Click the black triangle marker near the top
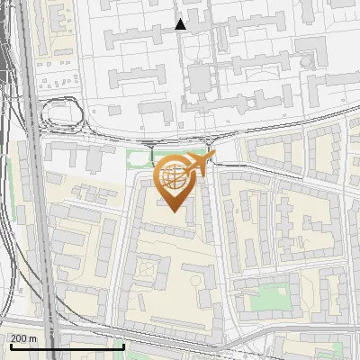click(181, 24)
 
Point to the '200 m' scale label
click(23, 338)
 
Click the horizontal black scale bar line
click(67, 346)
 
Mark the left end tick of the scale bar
click(11, 344)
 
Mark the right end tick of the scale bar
click(123, 344)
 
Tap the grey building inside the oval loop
click(62, 113)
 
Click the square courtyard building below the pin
click(146, 268)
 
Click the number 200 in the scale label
click(19, 338)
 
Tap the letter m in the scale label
click(32, 338)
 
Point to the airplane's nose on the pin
click(214, 157)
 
